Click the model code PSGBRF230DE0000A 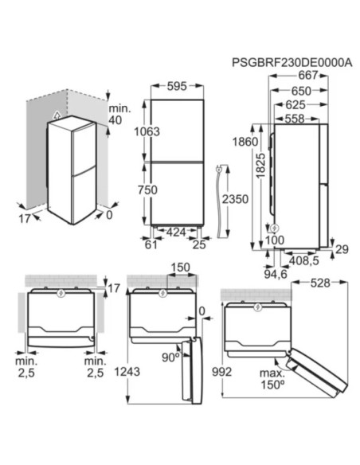pos(290,62)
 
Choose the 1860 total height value pos(246,142)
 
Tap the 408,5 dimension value pos(304,260)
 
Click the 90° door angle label pos(168,358)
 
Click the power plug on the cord pos(217,170)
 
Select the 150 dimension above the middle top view pos(180,267)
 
